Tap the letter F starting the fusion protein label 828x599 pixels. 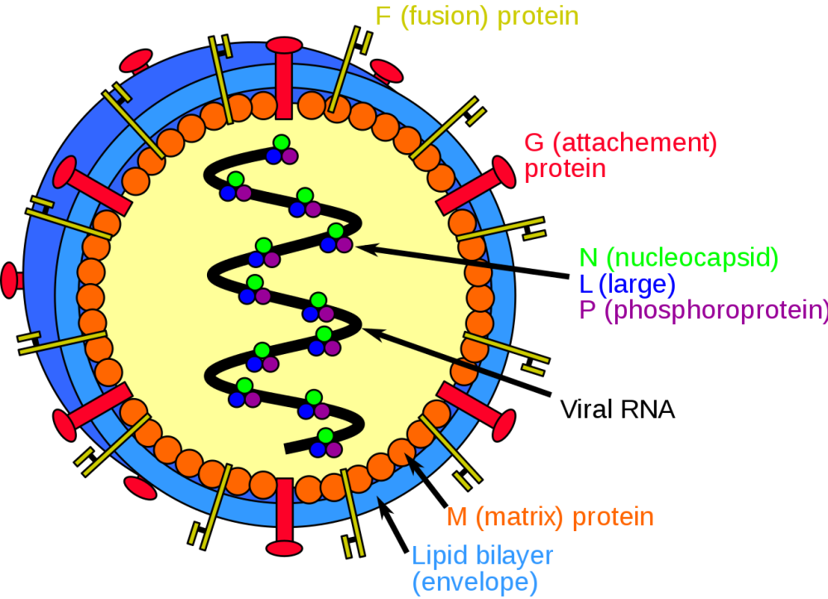(x=383, y=17)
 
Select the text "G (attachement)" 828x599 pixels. (x=620, y=143)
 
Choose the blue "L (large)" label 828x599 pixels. (x=628, y=285)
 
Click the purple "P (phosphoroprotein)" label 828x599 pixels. (x=703, y=311)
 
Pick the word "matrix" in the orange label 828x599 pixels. (x=519, y=518)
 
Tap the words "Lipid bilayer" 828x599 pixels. (x=482, y=554)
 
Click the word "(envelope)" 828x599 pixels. (x=474, y=582)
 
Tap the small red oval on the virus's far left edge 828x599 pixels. (x=10, y=280)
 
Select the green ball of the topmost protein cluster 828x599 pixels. (x=282, y=142)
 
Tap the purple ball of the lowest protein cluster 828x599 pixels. (x=334, y=448)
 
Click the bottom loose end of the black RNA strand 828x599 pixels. (x=286, y=448)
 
